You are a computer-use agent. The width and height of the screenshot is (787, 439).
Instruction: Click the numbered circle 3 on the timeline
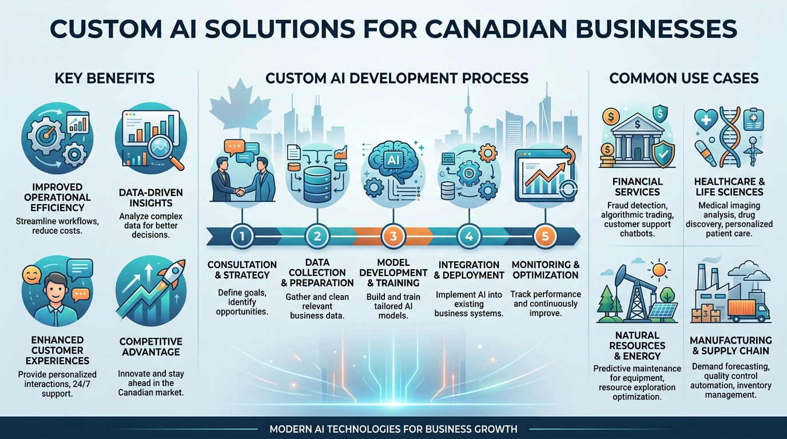coord(393,236)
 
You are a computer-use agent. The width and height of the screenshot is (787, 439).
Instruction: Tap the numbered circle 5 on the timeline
coord(545,236)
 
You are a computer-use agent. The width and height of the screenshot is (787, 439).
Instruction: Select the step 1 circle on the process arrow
coord(242,236)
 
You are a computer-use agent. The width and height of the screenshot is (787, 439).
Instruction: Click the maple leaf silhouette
coord(240,103)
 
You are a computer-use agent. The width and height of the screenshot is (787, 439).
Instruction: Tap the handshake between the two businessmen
coord(240,191)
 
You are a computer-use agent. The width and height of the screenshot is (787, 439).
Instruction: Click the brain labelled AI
coord(393,160)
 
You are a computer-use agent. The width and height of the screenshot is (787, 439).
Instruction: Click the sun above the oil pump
coord(659,270)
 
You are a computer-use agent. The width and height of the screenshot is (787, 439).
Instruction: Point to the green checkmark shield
coord(663,154)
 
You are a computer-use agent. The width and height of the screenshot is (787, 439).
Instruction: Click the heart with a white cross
coord(706,120)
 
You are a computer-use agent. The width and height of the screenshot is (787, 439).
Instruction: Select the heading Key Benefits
coord(105,78)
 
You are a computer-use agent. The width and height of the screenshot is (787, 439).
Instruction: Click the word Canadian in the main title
coord(496,29)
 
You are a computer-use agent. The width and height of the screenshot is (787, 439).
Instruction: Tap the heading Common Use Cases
coord(683,78)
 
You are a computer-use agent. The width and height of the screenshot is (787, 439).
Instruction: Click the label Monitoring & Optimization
coord(546,270)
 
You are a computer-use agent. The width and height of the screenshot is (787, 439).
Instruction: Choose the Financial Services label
coord(637,187)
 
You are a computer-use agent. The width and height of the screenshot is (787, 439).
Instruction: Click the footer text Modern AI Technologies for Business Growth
coord(393,429)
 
